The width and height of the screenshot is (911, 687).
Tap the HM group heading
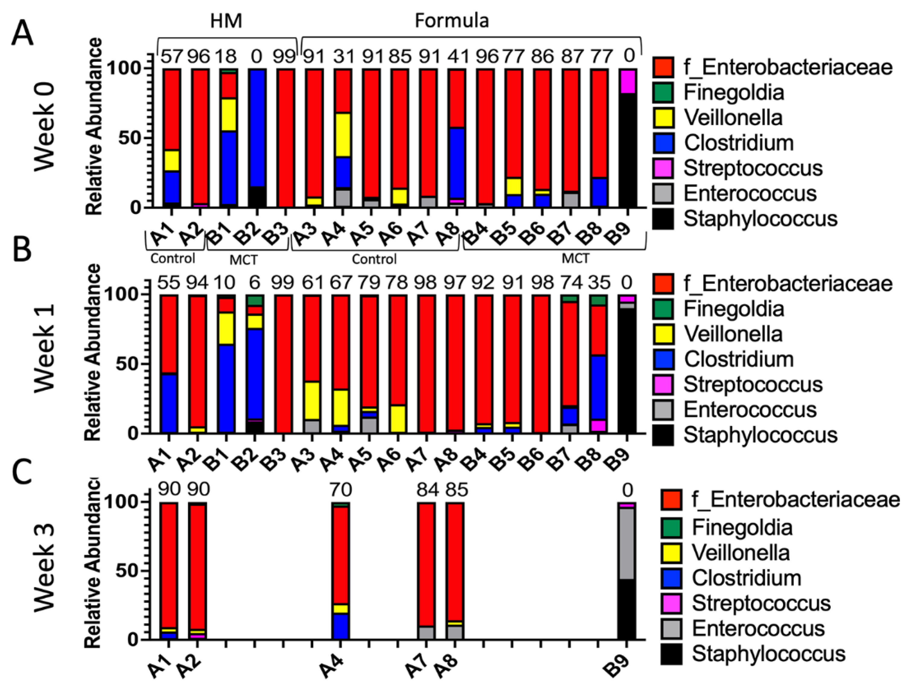tap(226, 21)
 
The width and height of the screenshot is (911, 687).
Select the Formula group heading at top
tap(451, 21)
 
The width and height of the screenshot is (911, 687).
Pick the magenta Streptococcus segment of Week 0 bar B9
tap(628, 81)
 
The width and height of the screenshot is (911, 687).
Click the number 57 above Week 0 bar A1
tap(171, 57)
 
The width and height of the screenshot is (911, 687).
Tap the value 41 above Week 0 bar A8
tap(456, 57)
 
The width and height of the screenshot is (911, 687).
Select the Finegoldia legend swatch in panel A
tap(663, 93)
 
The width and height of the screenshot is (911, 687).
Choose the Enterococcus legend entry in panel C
tap(758, 628)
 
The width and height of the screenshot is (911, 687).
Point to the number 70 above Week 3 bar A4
tap(341, 490)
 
